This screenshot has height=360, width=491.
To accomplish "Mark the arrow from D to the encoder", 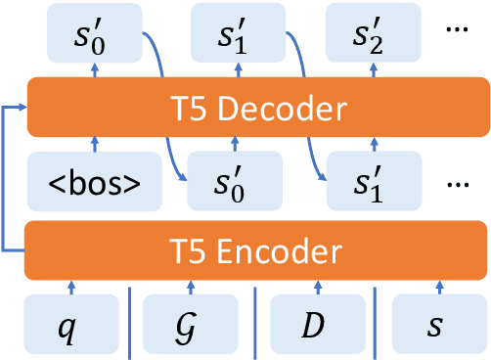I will coord(317,286).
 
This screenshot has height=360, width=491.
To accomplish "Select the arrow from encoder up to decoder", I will coord(8,176).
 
